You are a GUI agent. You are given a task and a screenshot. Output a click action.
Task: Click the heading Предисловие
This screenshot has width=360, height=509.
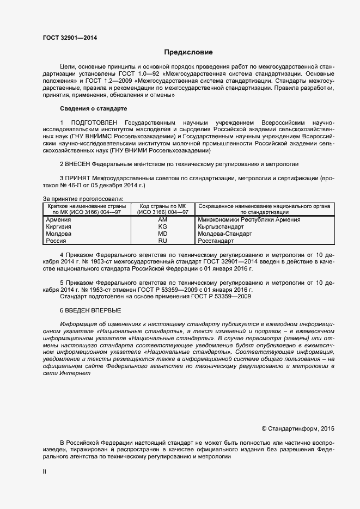(x=188, y=52)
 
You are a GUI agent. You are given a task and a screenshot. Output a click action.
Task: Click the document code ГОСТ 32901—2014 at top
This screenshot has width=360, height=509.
(x=70, y=38)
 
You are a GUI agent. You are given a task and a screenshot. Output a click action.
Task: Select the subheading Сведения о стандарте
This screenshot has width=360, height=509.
(x=93, y=109)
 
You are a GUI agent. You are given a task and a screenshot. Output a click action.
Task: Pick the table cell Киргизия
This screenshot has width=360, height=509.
(x=58, y=226)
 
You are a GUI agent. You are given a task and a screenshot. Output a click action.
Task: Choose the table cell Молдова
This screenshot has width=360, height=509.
(x=58, y=234)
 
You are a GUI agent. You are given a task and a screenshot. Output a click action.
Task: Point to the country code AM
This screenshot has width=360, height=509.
(x=162, y=219)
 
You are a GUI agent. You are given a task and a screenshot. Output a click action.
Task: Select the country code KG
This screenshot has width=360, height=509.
(x=162, y=226)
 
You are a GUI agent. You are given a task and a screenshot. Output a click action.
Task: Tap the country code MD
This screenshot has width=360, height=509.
(x=162, y=234)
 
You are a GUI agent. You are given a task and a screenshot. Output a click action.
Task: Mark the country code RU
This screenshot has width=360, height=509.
(x=162, y=241)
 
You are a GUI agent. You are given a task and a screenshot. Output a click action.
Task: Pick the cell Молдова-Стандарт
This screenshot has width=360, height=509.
(x=225, y=234)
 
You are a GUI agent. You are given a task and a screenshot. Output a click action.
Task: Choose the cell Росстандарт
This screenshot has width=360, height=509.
(x=216, y=241)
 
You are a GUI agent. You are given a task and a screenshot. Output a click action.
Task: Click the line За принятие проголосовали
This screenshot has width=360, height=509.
(x=83, y=199)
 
